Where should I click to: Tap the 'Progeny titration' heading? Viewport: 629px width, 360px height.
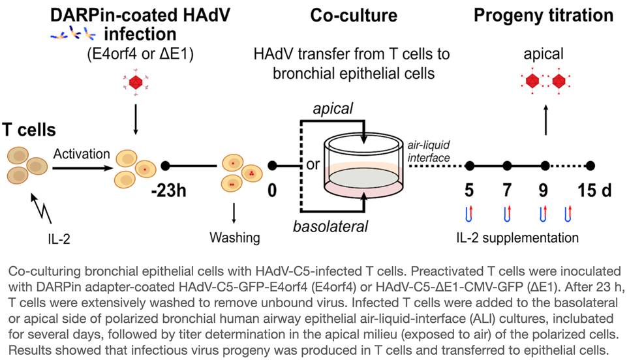point(544,14)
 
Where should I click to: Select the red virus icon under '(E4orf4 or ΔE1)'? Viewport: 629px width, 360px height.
point(136,82)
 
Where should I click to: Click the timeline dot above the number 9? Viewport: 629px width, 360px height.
point(545,166)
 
